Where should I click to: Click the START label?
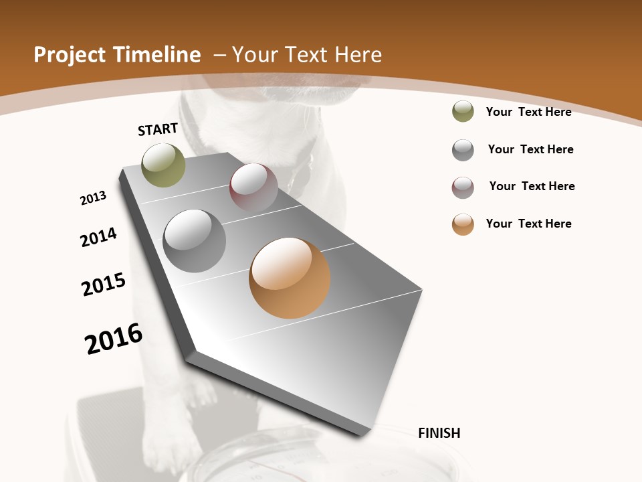pos(158,129)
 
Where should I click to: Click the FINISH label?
pos(439,433)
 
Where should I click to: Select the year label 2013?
pos(93,198)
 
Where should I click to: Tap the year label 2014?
pos(98,238)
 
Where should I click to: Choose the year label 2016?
pos(114,339)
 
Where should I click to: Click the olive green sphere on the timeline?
pos(164,165)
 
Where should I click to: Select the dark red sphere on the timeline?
pos(253,187)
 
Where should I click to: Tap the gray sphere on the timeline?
pos(195,241)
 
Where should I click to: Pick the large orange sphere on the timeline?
pos(290,278)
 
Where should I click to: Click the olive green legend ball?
pos(463,112)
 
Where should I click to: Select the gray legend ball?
pos(463,150)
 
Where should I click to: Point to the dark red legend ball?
pos(463,187)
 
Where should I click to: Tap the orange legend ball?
pos(463,224)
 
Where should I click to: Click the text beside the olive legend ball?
pos(528,112)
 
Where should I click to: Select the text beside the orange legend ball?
pos(528,224)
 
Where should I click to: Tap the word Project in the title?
pos(69,55)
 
